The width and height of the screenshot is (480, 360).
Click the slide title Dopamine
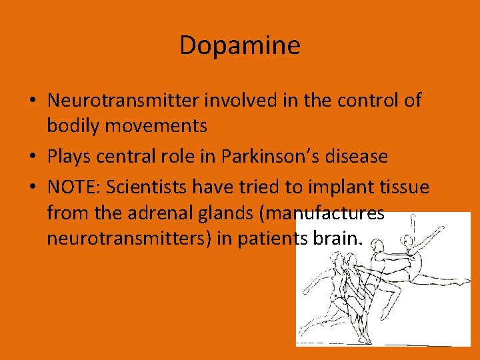(240, 45)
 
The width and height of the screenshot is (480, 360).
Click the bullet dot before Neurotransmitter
(32, 101)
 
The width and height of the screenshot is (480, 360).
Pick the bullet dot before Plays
(32, 157)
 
